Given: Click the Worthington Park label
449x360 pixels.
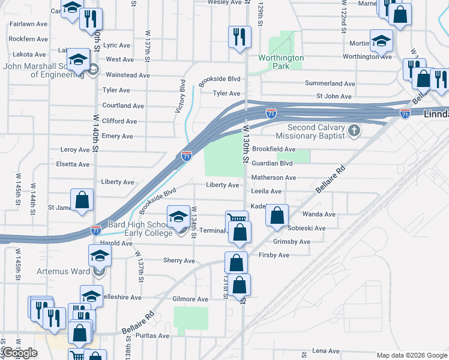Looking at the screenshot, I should (281, 62).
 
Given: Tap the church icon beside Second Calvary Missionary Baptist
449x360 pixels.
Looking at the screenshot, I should (355, 130).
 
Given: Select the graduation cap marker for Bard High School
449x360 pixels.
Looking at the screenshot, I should (178, 217).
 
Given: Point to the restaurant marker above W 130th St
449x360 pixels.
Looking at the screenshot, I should (239, 37).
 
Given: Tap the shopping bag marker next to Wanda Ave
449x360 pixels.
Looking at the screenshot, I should (277, 217).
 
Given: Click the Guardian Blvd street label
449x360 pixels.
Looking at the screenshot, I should (272, 163).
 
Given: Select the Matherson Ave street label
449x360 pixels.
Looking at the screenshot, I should (273, 178).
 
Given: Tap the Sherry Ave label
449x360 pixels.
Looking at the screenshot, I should (179, 261).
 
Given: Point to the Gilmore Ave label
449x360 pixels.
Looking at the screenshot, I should (190, 299).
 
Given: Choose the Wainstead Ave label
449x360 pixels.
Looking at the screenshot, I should (127, 76).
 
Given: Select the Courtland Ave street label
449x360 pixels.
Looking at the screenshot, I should (122, 106).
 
